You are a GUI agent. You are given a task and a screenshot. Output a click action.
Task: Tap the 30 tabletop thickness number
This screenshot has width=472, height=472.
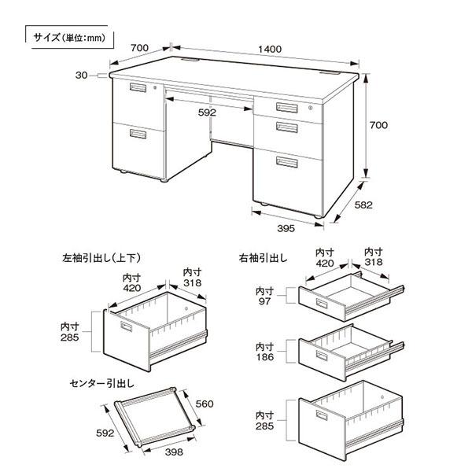tap(82, 76)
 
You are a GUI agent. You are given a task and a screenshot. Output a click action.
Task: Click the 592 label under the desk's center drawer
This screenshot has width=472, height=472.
tap(207, 113)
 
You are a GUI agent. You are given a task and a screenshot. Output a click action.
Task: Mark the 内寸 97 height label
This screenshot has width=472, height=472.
tap(264, 297)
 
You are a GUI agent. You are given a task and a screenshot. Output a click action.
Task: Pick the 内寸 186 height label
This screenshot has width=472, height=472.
tap(264, 351)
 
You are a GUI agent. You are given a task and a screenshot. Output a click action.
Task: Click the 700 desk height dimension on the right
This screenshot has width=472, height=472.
tap(378, 125)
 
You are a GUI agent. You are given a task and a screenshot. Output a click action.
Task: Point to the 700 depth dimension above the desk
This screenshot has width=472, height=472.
tap(139, 49)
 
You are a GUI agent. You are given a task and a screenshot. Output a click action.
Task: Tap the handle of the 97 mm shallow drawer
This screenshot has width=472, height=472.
tap(322, 303)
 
